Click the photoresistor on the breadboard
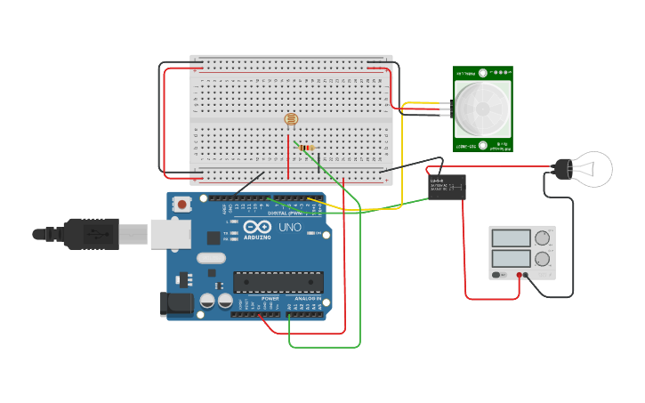pyautogui.click(x=290, y=119)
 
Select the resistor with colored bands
pyautogui.click(x=307, y=148)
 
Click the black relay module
pyautogui.click(x=447, y=186)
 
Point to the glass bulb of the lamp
pyautogui.click(x=593, y=168)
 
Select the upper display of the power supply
pyautogui.click(x=511, y=238)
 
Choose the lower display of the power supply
pyautogui.click(x=511, y=258)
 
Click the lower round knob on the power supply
pyautogui.click(x=542, y=259)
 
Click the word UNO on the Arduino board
pyautogui.click(x=291, y=228)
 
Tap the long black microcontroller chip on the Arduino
pyautogui.click(x=278, y=282)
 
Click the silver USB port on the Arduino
pyautogui.click(x=170, y=234)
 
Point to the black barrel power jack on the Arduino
pyautogui.click(x=176, y=304)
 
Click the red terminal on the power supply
pyautogui.click(x=519, y=276)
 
